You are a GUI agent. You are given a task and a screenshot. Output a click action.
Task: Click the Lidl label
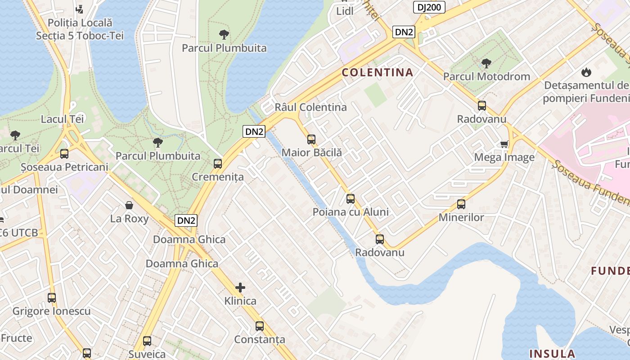point(345,11)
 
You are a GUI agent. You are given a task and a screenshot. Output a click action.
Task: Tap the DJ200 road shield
point(429,7)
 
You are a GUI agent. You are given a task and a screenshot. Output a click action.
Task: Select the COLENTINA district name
point(377,72)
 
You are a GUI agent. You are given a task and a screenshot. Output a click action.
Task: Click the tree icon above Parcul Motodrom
point(486,63)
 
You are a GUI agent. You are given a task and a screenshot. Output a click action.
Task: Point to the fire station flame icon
point(586,72)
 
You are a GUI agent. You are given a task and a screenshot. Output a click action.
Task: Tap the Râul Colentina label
point(310,107)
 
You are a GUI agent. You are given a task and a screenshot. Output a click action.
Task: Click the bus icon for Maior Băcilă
point(311,139)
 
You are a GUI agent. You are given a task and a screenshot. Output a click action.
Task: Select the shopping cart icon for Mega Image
point(504,144)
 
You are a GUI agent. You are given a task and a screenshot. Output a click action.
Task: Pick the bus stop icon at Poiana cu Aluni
point(351,198)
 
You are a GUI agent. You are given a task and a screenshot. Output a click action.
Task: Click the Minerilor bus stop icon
point(461,204)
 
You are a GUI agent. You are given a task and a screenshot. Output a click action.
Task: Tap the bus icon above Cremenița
point(218,164)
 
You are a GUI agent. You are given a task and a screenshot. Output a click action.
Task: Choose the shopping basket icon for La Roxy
point(129,206)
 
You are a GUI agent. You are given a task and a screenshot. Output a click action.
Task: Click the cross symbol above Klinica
point(240,287)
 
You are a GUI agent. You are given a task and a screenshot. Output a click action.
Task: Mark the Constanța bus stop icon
point(260,326)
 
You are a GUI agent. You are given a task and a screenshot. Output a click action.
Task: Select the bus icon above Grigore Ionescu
point(52,298)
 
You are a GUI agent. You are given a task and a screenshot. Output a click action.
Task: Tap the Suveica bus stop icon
point(147,341)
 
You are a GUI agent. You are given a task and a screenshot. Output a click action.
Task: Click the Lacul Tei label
point(63,119)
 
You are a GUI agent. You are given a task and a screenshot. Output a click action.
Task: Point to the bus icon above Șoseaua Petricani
point(64,154)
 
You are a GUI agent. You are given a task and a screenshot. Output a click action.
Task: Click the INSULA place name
point(552,353)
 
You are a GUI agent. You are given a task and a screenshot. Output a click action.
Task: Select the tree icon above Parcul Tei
point(15,135)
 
